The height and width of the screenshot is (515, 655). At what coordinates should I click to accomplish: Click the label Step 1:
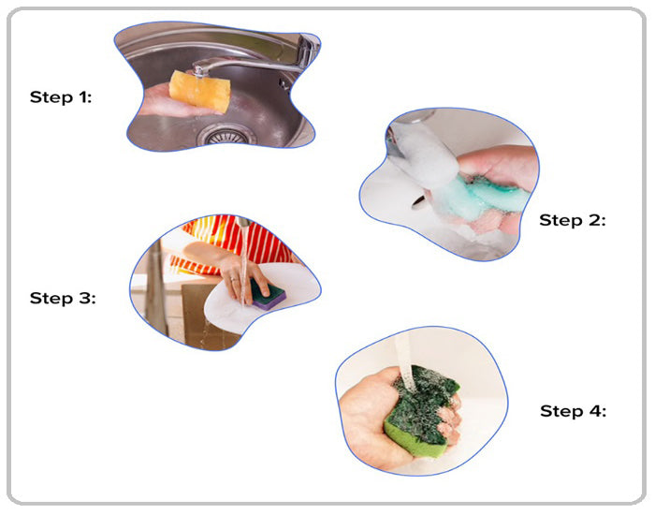61,97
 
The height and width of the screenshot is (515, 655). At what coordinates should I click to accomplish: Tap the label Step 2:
573,220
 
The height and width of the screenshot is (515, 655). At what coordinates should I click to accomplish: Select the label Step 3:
63,298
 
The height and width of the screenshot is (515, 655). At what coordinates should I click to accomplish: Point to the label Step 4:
573,410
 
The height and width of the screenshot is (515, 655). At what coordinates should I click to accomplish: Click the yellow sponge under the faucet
200,91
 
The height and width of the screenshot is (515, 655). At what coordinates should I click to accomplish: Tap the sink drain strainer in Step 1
226,136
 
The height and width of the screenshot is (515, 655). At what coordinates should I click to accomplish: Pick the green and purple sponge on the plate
268,295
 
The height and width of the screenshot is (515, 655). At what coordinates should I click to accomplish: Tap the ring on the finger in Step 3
234,279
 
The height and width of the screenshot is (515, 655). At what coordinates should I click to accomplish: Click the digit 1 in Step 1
82,97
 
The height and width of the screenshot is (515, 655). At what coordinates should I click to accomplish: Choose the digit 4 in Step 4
595,410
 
